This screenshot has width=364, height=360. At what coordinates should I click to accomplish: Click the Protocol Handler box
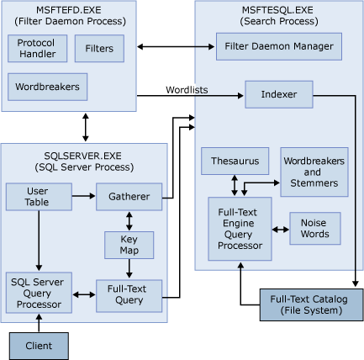(x=37, y=49)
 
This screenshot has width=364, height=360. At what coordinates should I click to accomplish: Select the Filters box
(x=99, y=49)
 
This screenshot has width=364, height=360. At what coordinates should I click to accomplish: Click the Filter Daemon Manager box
(x=279, y=46)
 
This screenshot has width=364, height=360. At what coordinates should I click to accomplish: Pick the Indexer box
(x=278, y=94)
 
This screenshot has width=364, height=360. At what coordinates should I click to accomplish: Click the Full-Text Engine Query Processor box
(x=240, y=228)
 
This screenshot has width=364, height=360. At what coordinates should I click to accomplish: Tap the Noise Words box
(x=314, y=228)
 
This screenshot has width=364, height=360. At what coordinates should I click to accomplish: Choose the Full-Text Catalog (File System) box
(x=312, y=304)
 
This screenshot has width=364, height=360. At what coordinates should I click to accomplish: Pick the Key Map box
(x=127, y=245)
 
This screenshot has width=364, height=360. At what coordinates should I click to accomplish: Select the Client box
(x=38, y=345)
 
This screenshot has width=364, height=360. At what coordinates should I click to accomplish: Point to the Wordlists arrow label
(x=187, y=87)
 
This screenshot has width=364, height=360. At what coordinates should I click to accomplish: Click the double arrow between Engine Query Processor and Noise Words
(x=280, y=229)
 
